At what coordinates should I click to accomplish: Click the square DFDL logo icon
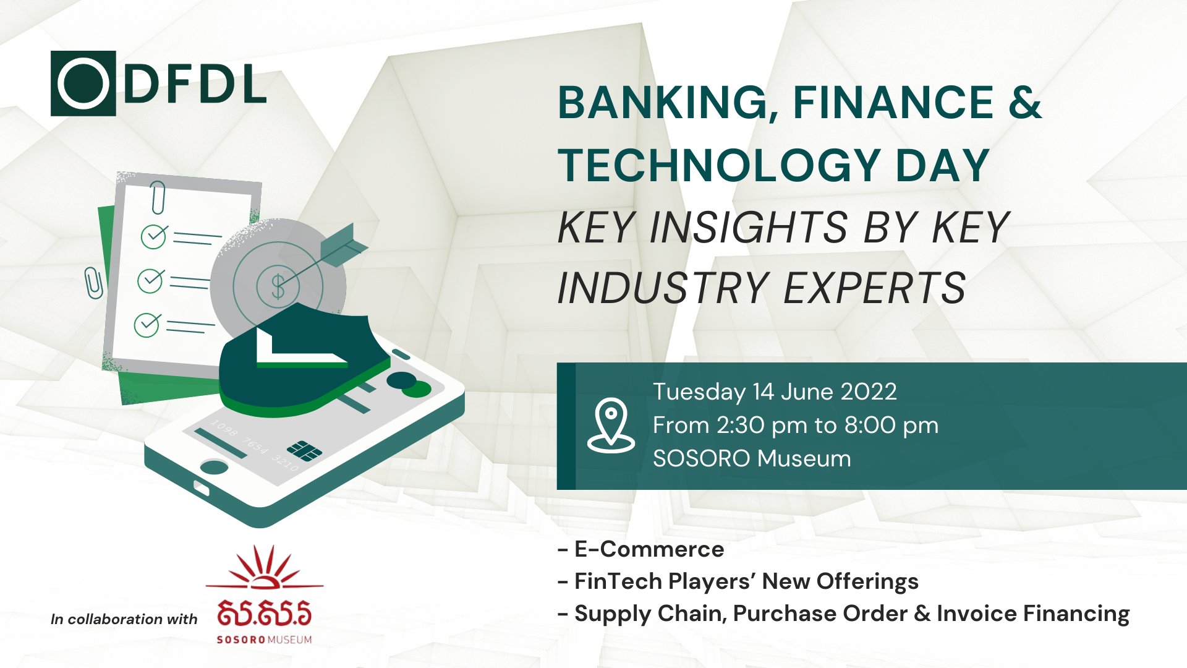(x=83, y=83)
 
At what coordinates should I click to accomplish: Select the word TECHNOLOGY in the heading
(x=719, y=165)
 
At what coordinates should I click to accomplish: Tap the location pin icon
(x=611, y=426)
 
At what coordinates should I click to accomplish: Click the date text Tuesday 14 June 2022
(x=775, y=392)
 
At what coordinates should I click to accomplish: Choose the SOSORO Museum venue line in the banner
(x=752, y=458)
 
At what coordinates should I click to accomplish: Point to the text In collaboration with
(x=124, y=619)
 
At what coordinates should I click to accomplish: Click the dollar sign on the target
(x=278, y=286)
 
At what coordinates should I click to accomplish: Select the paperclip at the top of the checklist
(x=158, y=197)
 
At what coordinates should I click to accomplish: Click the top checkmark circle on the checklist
(x=153, y=236)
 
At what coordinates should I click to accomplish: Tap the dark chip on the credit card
(x=304, y=450)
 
